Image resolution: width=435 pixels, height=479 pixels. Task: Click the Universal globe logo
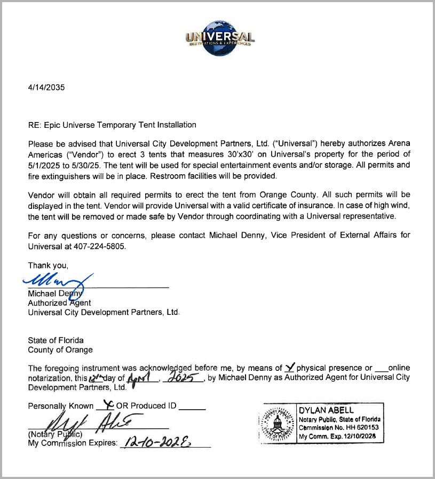219,38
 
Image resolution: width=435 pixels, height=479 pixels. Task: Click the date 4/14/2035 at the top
46,88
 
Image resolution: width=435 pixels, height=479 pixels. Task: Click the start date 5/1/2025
45,165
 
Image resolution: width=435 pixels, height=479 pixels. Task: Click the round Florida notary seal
277,426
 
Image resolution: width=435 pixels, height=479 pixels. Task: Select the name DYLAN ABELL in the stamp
326,410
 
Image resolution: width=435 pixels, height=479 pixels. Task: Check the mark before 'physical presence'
290,367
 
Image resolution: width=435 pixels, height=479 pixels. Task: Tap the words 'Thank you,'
48,265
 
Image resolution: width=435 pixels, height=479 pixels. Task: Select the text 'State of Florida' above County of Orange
56,340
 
